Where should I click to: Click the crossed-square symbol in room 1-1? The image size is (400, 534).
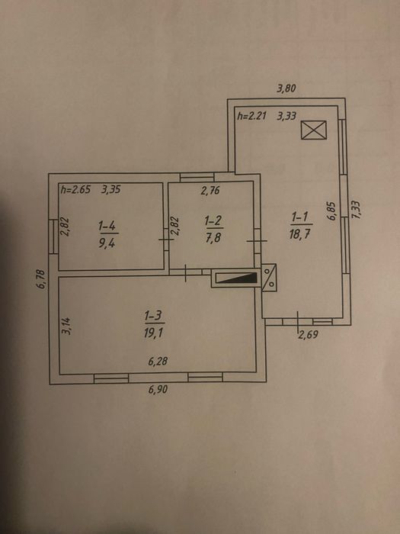click(314, 130)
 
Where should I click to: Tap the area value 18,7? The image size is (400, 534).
click(299, 234)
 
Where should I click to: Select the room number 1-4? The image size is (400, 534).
click(108, 226)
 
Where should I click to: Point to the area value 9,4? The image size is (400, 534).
click(107, 243)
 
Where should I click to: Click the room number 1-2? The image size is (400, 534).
click(215, 221)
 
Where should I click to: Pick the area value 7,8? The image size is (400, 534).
click(213, 237)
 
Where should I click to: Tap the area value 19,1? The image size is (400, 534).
click(153, 333)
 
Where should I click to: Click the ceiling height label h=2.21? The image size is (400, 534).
click(251, 116)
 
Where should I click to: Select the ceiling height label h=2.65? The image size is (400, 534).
click(75, 189)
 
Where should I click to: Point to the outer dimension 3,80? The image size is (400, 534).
click(286, 89)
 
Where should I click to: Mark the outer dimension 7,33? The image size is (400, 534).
click(356, 210)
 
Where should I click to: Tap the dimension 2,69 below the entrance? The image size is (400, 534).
click(309, 335)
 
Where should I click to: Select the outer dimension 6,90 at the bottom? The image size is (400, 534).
click(158, 389)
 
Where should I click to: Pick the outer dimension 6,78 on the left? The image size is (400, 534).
click(40, 279)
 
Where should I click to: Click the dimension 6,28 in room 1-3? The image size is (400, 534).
click(158, 361)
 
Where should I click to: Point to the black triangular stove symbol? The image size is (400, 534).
click(237, 278)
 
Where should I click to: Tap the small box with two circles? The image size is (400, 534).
click(269, 277)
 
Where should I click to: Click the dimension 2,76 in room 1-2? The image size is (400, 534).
click(210, 191)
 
